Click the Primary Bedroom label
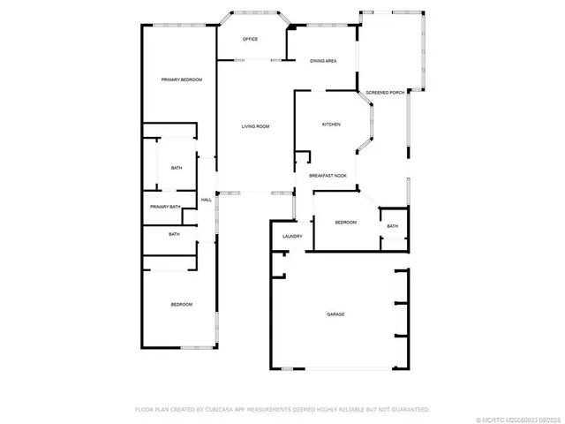tap(182, 80)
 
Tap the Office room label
tap(250, 40)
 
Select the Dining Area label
tap(322, 61)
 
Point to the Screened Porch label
tap(385, 92)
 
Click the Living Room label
tap(255, 127)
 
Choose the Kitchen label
tap(331, 125)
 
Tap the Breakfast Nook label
tap(328, 176)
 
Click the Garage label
tap(335, 314)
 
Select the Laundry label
tap(293, 236)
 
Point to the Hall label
tap(207, 200)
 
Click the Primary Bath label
tap(165, 207)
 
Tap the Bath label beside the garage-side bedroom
tap(392, 227)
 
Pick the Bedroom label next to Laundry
tap(345, 223)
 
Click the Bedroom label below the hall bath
tap(181, 305)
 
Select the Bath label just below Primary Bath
tap(174, 234)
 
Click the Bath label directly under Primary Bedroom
tap(177, 168)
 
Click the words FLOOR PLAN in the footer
tap(151, 409)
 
